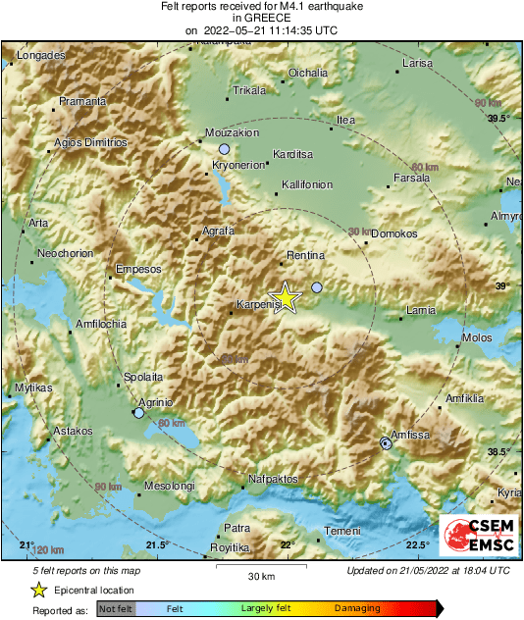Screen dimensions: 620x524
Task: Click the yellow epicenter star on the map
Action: (x=286, y=298)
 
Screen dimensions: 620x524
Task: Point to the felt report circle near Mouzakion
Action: (x=224, y=148)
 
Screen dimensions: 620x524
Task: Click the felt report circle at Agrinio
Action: (x=138, y=413)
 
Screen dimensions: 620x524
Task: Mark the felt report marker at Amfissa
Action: (x=387, y=444)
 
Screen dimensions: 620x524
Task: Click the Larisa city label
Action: (x=418, y=63)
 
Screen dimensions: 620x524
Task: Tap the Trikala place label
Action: (x=249, y=91)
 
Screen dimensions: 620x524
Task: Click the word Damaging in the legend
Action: (x=357, y=609)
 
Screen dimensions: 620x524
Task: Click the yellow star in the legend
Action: (x=38, y=590)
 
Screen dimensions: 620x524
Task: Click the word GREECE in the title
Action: (x=261, y=19)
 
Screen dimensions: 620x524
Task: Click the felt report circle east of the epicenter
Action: (x=316, y=287)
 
